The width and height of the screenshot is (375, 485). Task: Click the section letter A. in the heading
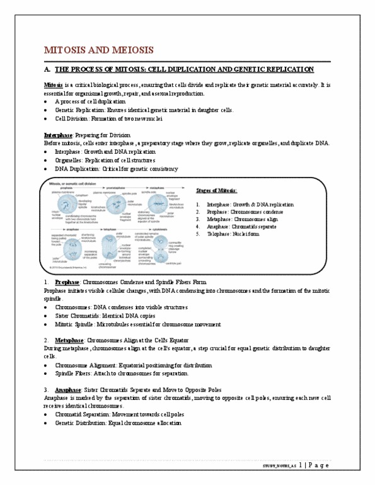click(x=47, y=68)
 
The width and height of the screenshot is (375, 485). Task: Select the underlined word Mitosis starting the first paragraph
click(x=53, y=84)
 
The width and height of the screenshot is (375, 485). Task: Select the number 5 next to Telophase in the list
click(x=198, y=234)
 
